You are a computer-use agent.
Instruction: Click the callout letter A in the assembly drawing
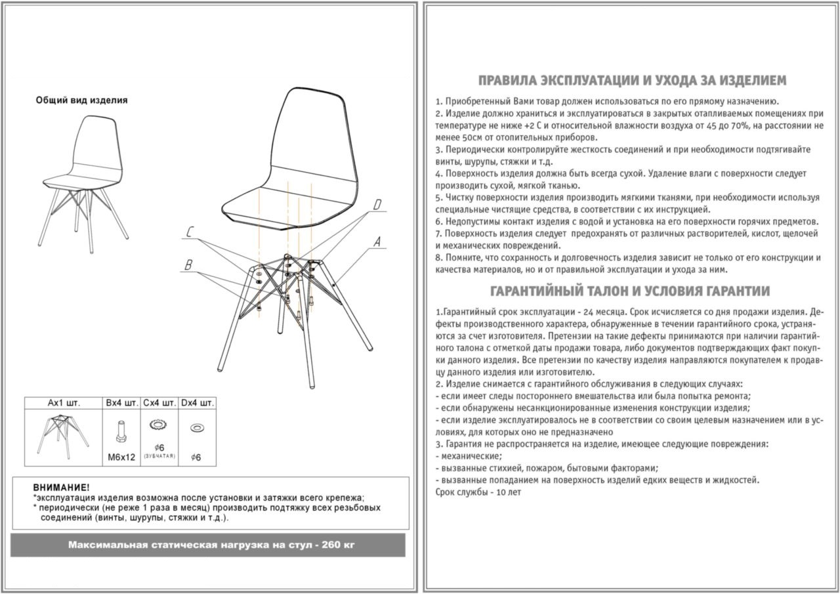[377, 242]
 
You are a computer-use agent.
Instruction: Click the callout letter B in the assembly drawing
[189, 265]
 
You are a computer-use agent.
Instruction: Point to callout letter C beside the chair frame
[190, 232]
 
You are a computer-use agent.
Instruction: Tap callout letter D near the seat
[377, 205]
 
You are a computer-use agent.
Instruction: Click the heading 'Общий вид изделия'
[81, 100]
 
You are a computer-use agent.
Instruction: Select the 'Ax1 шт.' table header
[64, 402]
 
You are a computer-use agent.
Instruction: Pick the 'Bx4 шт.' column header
[122, 402]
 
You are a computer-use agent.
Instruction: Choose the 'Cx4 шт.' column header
[159, 402]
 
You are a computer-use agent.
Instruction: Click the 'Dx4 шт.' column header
[197, 402]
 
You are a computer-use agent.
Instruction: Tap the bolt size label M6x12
[122, 457]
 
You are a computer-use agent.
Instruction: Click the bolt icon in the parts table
[122, 431]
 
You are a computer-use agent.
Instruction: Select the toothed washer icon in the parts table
[158, 426]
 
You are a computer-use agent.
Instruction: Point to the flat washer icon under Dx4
[196, 428]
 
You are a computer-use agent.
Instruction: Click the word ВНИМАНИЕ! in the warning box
[61, 488]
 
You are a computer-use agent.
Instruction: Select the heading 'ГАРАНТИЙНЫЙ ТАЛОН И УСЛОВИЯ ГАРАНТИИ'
[630, 291]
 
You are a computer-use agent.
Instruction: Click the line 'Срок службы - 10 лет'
[478, 492]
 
